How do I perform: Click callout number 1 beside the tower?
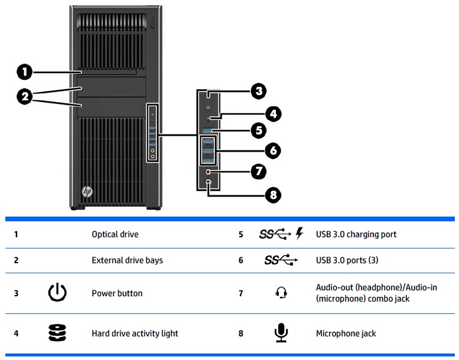tap(24, 72)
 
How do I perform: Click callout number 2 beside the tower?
tap(24, 96)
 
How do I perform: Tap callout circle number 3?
tap(258, 91)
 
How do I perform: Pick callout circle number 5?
tap(258, 130)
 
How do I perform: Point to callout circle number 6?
tap(272, 150)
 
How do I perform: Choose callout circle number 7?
tap(258, 172)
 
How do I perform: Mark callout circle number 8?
tap(272, 195)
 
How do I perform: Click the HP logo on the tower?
tap(87, 192)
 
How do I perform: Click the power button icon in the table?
tap(57, 293)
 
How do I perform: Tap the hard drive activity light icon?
tap(57, 333)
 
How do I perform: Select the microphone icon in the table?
tap(281, 333)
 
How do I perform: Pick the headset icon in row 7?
tap(281, 293)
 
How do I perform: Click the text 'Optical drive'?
tap(115, 234)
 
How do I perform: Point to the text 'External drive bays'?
tap(127, 260)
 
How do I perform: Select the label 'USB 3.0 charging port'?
tap(356, 234)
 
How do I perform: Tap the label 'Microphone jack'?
tap(346, 333)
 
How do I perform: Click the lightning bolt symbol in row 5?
tap(299, 234)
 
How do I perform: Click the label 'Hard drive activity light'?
tap(135, 333)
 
